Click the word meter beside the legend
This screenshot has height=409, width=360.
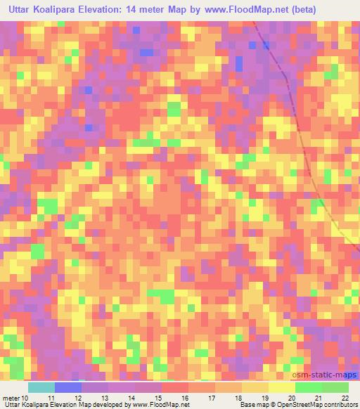coord(11,398)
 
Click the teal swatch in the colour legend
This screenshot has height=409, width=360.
coord(41,387)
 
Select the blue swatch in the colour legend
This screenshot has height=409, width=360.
coord(67,387)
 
